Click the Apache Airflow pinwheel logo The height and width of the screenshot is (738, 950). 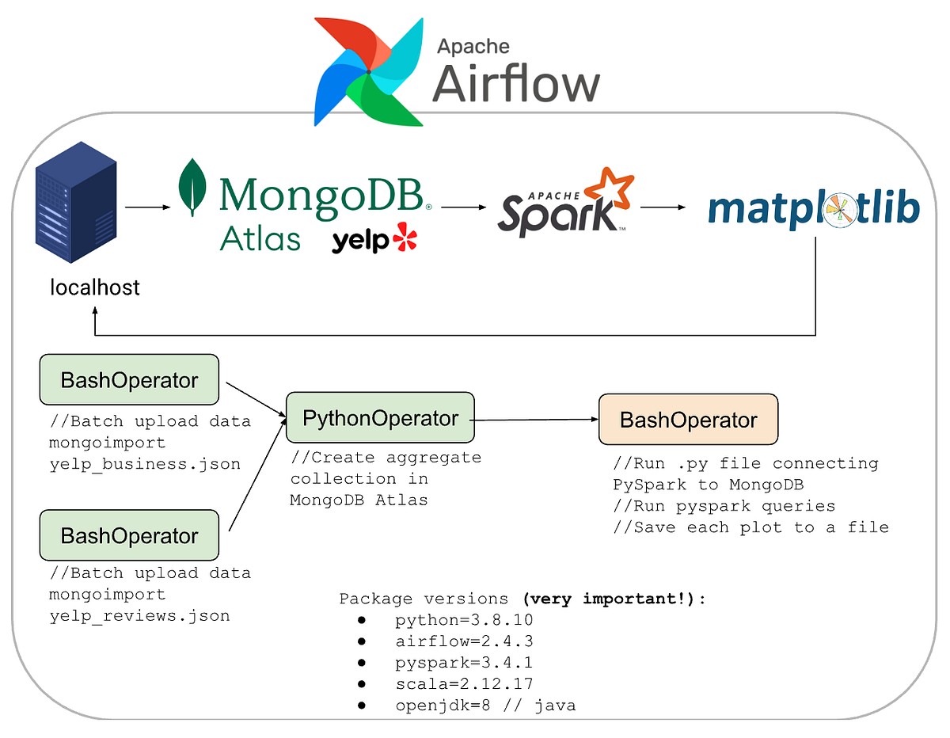pyautogui.click(x=368, y=71)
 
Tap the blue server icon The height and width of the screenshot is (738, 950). pyautogui.click(x=76, y=208)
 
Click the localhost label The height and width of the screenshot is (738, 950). pyautogui.click(x=95, y=287)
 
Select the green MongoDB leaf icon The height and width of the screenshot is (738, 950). pyautogui.click(x=191, y=188)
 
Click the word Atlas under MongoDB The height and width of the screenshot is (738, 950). pyautogui.click(x=260, y=238)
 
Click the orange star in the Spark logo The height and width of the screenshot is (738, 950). pyautogui.click(x=611, y=190)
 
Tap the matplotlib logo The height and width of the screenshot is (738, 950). pyautogui.click(x=814, y=210)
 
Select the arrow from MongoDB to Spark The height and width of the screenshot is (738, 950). pyautogui.click(x=463, y=207)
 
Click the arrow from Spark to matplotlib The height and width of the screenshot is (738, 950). pyautogui.click(x=663, y=208)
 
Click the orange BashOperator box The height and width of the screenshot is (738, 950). pyautogui.click(x=688, y=420)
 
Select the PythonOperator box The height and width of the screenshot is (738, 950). pyautogui.click(x=380, y=417)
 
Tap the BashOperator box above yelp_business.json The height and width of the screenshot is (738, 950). pyautogui.click(x=129, y=380)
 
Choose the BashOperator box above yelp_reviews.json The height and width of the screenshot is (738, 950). pyautogui.click(x=129, y=536)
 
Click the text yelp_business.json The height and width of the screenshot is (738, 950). pyautogui.click(x=144, y=464)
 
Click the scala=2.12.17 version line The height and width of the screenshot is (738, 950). pyautogui.click(x=464, y=683)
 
